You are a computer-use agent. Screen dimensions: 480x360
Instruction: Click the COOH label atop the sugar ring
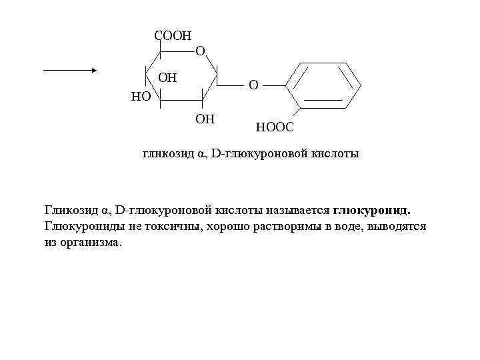[172, 35]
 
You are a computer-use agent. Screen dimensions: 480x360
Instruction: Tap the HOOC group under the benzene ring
[274, 126]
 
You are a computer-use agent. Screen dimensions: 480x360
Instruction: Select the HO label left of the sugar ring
[141, 97]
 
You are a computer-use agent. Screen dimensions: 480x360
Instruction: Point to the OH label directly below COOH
[167, 77]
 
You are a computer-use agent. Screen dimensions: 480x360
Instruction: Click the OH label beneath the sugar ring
[205, 119]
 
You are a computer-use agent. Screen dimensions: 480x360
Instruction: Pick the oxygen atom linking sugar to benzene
[253, 85]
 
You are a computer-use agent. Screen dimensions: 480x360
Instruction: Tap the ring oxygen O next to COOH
[200, 51]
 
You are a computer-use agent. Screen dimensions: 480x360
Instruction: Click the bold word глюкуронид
[371, 211]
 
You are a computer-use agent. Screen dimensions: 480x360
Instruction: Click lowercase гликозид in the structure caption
[167, 154]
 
